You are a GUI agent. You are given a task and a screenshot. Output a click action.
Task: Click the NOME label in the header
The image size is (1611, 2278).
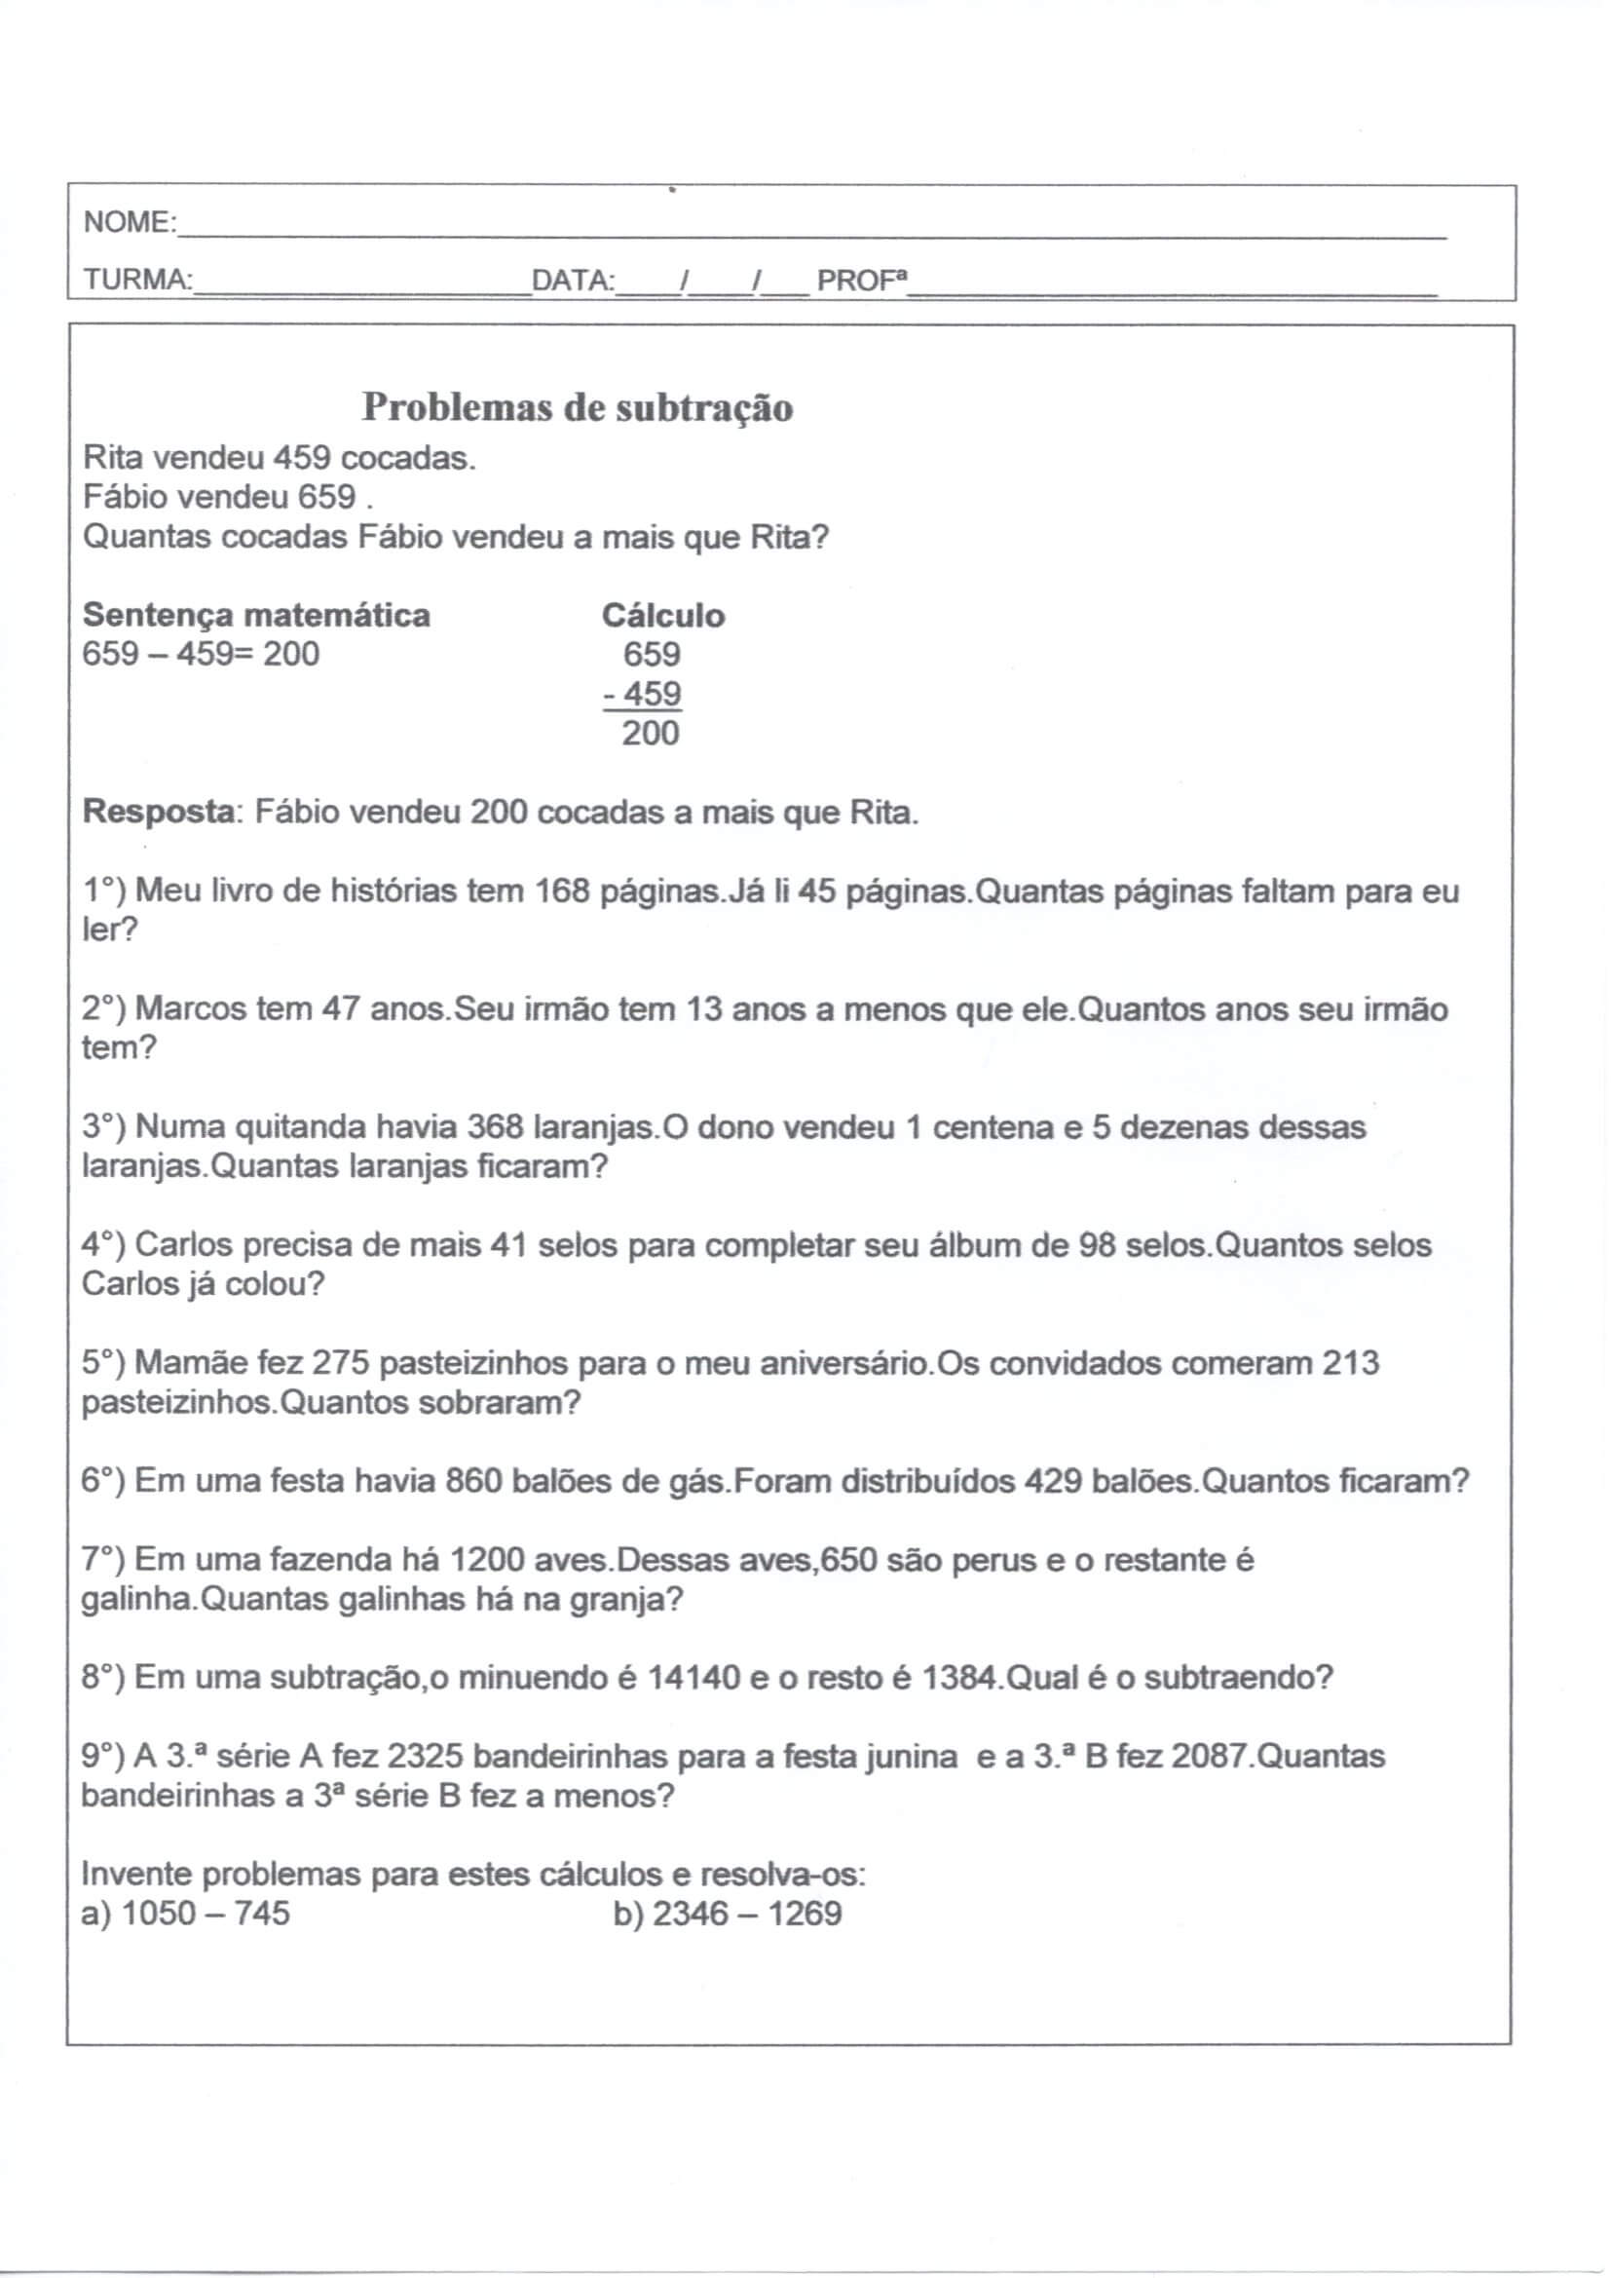click(x=128, y=222)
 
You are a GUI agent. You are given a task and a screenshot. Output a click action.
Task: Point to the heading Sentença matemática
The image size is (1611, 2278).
click(x=256, y=615)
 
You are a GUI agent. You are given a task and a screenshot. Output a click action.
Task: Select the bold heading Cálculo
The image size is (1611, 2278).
click(x=662, y=615)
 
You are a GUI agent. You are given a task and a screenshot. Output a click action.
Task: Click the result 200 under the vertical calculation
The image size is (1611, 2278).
click(x=650, y=734)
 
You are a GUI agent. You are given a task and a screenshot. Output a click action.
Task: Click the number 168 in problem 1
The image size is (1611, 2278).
click(x=563, y=891)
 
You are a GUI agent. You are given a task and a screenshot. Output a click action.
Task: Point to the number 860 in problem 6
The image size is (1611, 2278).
click(x=473, y=1481)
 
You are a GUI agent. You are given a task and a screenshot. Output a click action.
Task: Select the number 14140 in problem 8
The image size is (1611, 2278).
click(x=693, y=1679)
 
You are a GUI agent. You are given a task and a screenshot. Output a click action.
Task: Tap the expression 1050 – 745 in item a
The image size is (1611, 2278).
click(x=206, y=1913)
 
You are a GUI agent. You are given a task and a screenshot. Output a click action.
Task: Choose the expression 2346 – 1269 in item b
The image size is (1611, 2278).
click(x=747, y=1913)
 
